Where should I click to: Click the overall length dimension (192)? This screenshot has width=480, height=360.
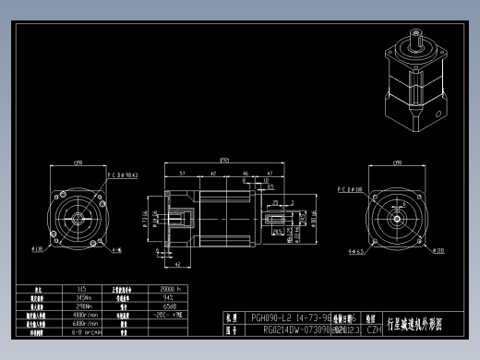(223, 158)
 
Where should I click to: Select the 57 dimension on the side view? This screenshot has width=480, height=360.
(182, 173)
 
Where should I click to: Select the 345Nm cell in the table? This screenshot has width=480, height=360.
(82, 298)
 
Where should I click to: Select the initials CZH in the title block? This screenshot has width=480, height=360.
(374, 328)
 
